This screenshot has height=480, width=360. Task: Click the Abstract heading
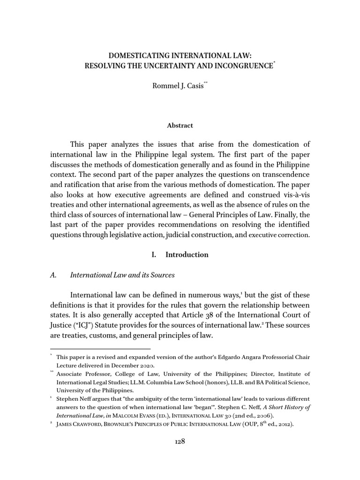(180, 126)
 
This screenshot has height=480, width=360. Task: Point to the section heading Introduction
(187, 255)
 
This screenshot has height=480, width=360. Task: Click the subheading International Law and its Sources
(122, 275)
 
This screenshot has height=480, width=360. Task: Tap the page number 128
(180, 442)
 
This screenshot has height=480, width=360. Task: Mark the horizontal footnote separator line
(100, 349)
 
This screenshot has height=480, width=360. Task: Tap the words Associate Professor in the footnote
(83, 374)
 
